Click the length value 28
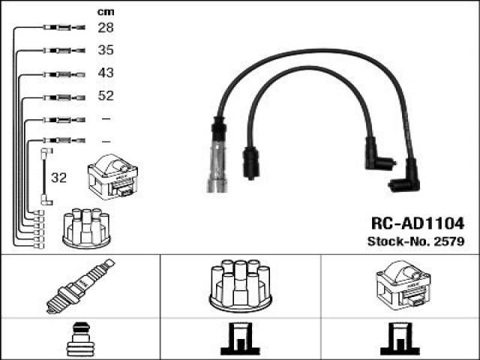[x=106, y=28]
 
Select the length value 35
[x=106, y=50]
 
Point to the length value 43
[x=106, y=73]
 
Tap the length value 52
[x=106, y=96]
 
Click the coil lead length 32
[x=58, y=178]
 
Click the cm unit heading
[x=106, y=12]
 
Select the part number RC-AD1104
[x=418, y=223]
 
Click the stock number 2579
[x=449, y=241]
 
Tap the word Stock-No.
[x=399, y=241]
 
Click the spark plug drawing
[x=80, y=286]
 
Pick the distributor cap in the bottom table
[x=240, y=286]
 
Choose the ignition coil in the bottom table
[x=403, y=285]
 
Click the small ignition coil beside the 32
[x=112, y=177]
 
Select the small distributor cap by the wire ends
[x=86, y=228]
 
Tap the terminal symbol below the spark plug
[x=80, y=339]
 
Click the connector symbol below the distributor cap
[x=240, y=338]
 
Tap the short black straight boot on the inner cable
[x=251, y=163]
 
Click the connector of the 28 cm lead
[x=64, y=28]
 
